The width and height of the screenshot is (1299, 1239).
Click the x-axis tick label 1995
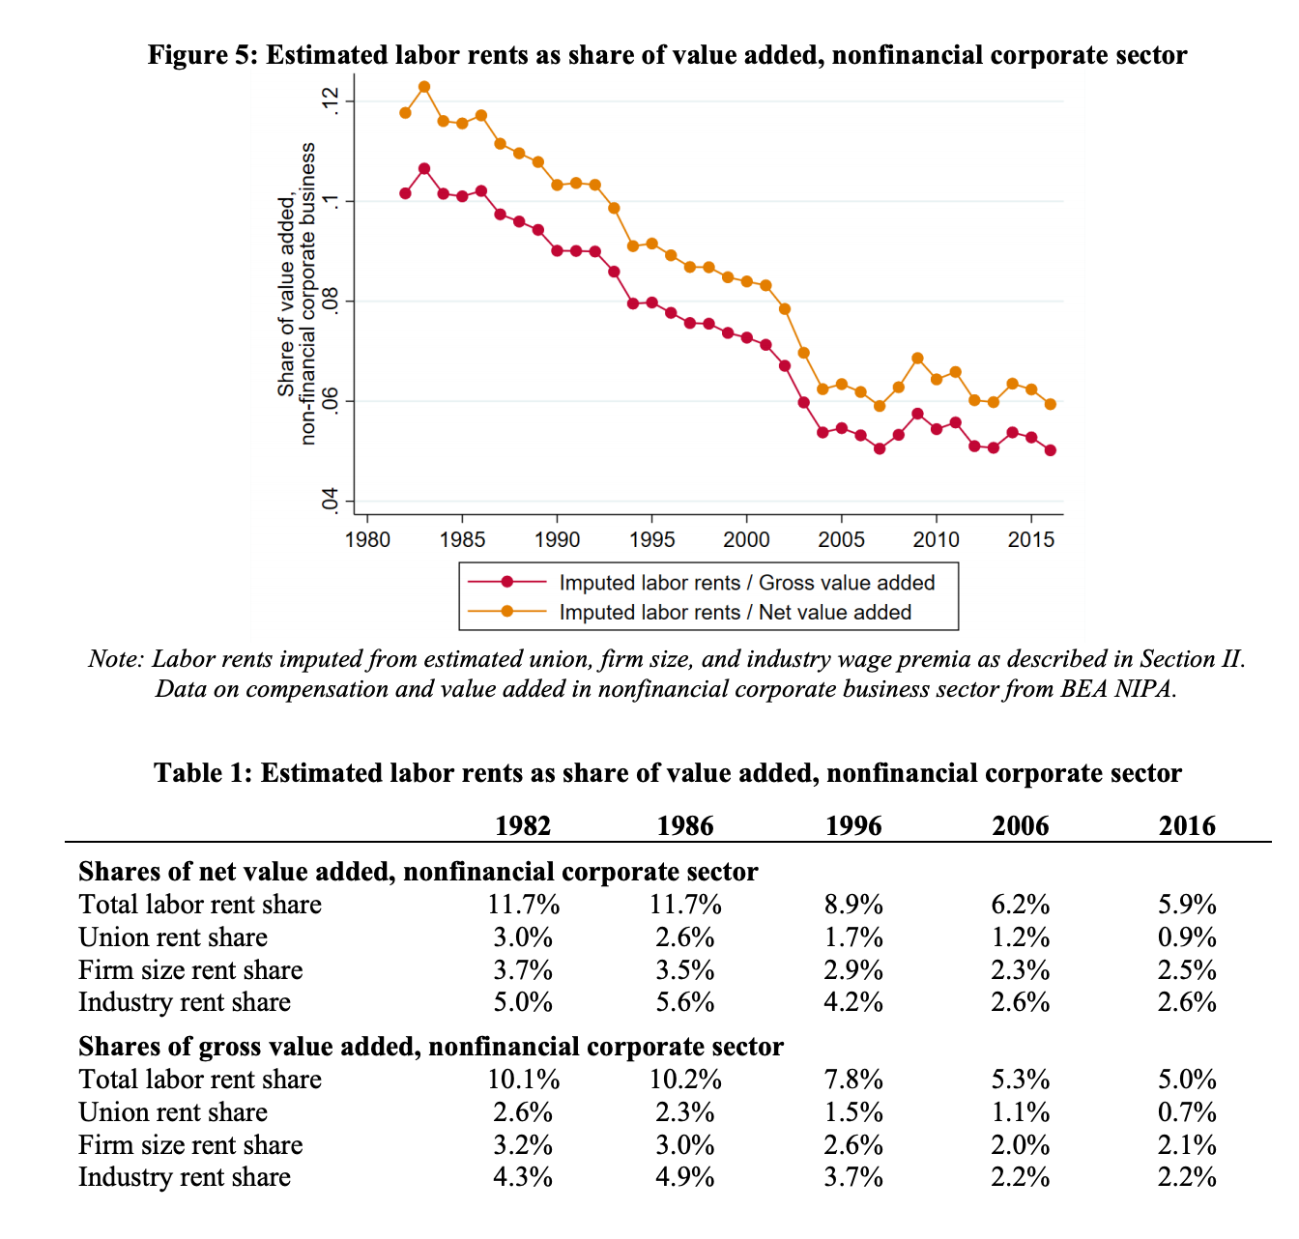[x=651, y=539]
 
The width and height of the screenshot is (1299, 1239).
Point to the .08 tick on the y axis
[x=331, y=302]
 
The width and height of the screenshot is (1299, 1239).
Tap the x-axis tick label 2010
[x=936, y=539]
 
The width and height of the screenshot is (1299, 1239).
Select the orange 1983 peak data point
[x=424, y=87]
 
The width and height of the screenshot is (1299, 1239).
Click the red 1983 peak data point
[x=424, y=169]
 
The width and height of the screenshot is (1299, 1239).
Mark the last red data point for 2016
[x=1051, y=450]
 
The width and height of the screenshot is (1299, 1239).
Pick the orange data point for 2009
[x=917, y=359]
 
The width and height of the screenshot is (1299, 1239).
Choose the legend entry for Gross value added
[x=746, y=583]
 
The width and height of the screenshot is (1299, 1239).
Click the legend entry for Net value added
[x=735, y=612]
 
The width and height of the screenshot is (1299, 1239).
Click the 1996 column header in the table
[x=853, y=825]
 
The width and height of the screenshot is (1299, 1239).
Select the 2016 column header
[x=1187, y=825]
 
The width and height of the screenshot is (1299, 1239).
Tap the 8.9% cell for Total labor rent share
[x=853, y=905]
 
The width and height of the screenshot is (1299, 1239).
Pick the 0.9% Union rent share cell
[x=1187, y=937]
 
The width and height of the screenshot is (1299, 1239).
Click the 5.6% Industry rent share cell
[x=685, y=1002]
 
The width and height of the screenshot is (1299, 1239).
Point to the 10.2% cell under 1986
[x=685, y=1080]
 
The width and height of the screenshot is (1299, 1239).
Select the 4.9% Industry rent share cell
[x=685, y=1177]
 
